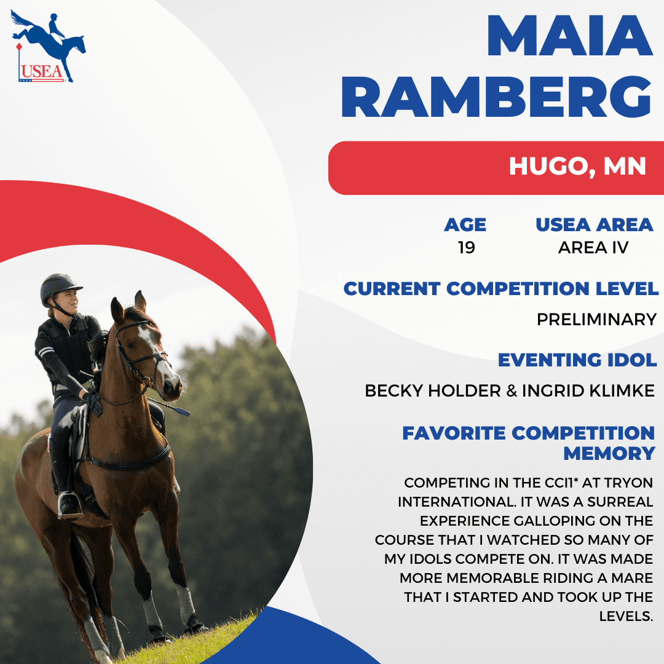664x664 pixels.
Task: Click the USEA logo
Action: coord(48,46)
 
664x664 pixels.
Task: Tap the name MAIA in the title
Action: coord(570,36)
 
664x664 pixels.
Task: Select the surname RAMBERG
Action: coord(496,97)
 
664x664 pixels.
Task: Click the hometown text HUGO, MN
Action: coord(577,167)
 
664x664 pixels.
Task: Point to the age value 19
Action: coord(466,248)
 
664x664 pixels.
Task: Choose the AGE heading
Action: coord(465,225)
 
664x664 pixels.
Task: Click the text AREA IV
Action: coord(593,248)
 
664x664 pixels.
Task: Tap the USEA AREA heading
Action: coord(594,225)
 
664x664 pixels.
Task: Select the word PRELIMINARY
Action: coord(596,319)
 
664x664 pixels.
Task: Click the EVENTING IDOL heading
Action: coord(577,360)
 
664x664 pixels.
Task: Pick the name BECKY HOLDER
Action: coord(433,391)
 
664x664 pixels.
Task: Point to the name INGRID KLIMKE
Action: coord(588,391)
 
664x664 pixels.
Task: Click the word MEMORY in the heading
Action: coord(609,454)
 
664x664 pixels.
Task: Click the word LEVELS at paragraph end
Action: coord(626,616)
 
